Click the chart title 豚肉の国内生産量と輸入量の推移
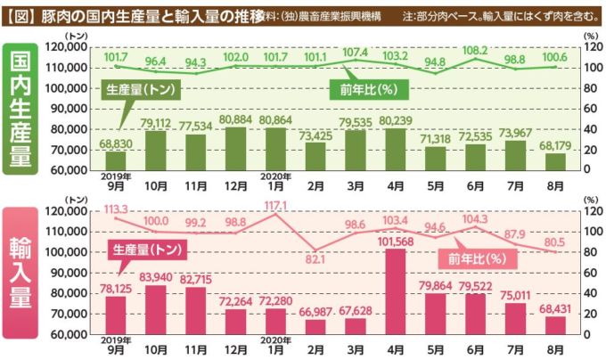(x=160, y=15)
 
